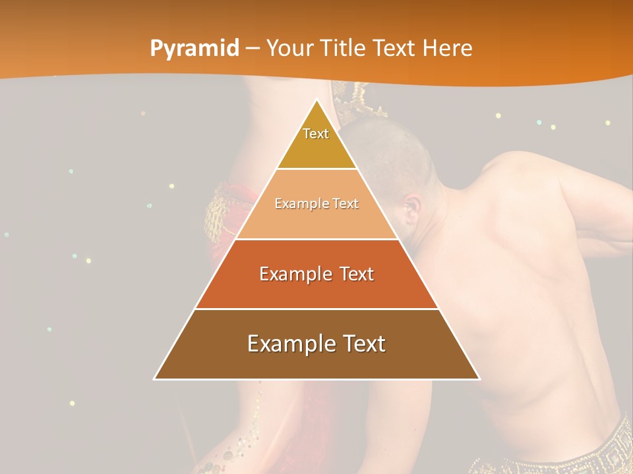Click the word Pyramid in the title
pyautogui.click(x=195, y=48)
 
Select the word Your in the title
pyautogui.click(x=289, y=48)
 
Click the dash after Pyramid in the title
pyautogui.click(x=253, y=49)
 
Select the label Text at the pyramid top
pyautogui.click(x=316, y=134)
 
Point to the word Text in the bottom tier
pyautogui.click(x=363, y=344)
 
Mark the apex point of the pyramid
pyautogui.click(x=316, y=101)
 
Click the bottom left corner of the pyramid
pyautogui.click(x=155, y=379)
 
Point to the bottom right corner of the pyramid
pyautogui.click(x=479, y=379)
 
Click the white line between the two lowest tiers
pyautogui.click(x=316, y=309)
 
